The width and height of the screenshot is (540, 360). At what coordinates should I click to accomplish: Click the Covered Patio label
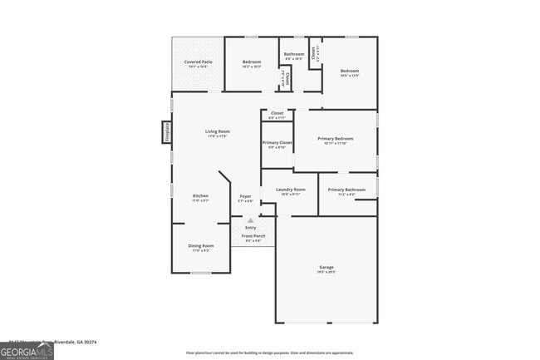pos(199,63)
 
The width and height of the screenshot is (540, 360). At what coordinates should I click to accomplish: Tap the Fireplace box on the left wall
pos(166,132)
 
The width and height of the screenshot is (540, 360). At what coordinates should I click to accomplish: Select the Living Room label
pos(218,131)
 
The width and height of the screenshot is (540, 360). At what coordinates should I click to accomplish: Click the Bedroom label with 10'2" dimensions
pos(252,63)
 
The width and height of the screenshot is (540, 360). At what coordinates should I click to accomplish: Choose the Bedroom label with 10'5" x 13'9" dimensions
pos(350,72)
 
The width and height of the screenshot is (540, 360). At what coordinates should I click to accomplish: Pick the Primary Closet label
pos(277,143)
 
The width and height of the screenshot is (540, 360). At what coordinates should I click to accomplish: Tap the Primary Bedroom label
pos(336,139)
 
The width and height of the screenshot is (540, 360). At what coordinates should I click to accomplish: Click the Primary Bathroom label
pos(346,190)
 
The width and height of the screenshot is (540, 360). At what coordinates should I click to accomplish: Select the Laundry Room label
pos(290,190)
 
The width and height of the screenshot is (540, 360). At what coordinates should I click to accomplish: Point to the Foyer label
pos(246,197)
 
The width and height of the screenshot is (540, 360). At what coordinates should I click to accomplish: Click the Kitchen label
pos(201,196)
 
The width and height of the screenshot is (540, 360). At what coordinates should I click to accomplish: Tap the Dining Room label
pos(201,246)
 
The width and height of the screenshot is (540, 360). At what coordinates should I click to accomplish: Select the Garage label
pos(326,268)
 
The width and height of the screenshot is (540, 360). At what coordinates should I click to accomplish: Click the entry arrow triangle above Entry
pos(250,220)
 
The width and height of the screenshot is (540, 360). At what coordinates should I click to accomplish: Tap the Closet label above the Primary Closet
pos(277,113)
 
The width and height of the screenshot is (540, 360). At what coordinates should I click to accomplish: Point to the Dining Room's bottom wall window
pos(201,272)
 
